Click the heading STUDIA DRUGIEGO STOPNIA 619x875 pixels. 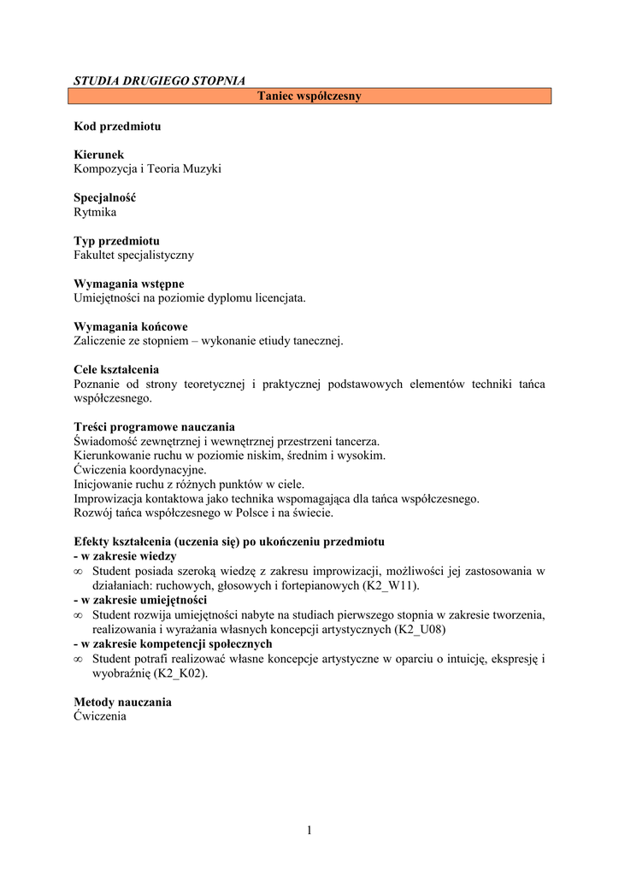159,81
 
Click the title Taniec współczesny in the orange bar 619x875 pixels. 309,96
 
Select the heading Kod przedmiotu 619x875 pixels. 117,126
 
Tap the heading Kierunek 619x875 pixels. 99,155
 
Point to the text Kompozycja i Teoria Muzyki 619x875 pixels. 148,169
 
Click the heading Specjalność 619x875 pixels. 105,197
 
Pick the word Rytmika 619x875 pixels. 95,212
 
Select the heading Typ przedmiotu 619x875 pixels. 117,241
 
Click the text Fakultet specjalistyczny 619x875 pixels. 134,255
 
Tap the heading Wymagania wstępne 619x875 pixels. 129,284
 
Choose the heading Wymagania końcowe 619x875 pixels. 131,326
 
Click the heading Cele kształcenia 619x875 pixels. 116,370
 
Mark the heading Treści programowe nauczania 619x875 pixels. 155,427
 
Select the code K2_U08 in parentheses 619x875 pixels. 419,629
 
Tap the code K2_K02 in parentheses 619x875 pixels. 179,673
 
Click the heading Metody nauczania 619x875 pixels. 123,702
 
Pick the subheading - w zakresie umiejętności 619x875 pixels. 140,600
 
